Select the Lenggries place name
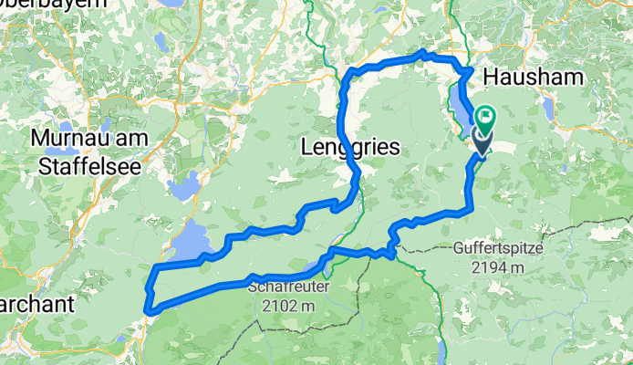pyautogui.click(x=347, y=146)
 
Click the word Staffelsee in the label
pyautogui.click(x=79, y=166)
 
